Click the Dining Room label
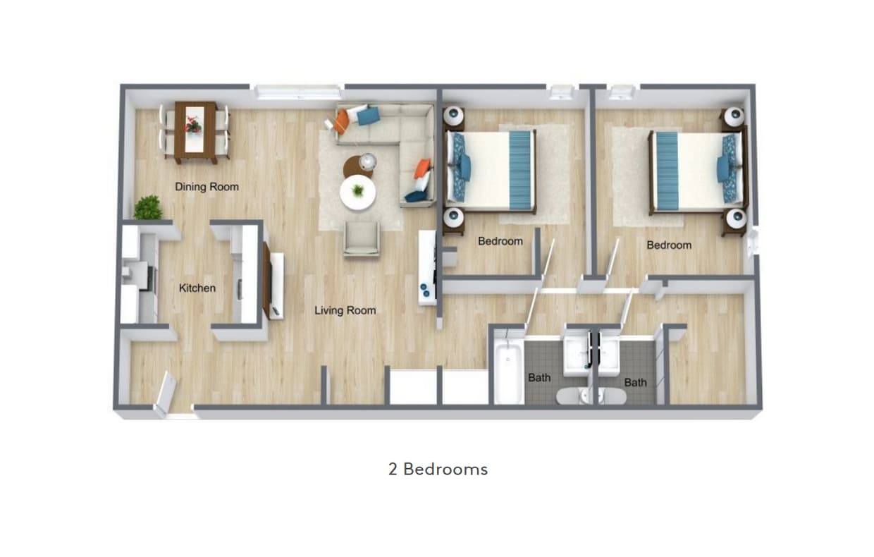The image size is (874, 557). pos(207,187)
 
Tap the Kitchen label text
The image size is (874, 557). pos(197,288)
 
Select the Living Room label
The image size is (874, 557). pos(345,310)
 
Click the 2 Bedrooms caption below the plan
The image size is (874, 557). pos(438,469)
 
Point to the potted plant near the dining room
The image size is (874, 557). pos(148,208)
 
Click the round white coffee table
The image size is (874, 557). pos(358,192)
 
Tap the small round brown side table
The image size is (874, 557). pos(357,166)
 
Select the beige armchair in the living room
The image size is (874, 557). pos(362,238)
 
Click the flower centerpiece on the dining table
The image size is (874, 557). pos(192,126)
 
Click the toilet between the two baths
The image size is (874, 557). pos(591,396)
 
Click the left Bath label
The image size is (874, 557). pos(539,377)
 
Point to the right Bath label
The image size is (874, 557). pos(635,382)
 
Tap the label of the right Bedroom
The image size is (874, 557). pos(669,245)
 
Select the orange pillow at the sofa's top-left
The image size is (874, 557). pos(342,121)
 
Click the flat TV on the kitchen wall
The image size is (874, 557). pos(267,279)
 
